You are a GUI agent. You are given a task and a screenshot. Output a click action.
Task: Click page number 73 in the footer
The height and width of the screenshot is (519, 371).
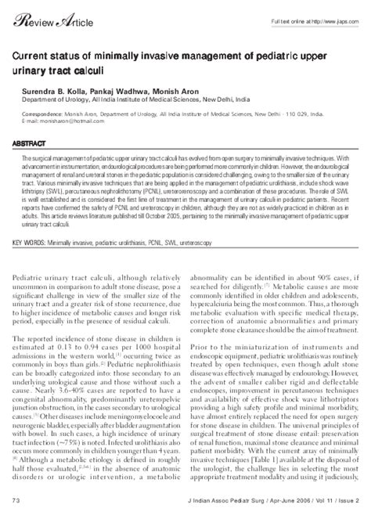pyautogui.click(x=16, y=499)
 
